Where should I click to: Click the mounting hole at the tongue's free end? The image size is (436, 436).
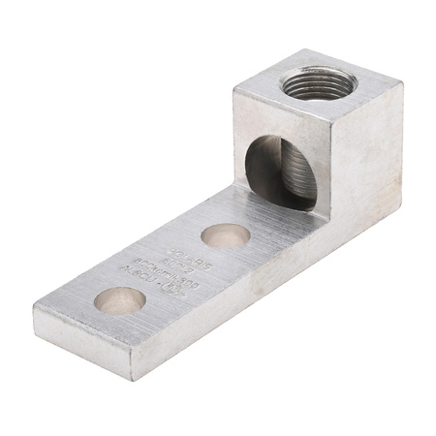(x=120, y=301)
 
